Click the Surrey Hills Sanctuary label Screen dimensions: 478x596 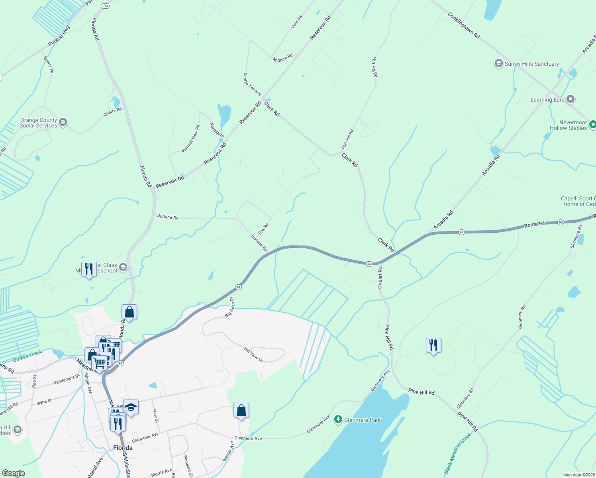coord(531,64)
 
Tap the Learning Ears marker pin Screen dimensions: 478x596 coord(571,99)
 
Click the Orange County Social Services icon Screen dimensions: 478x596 coord(63,122)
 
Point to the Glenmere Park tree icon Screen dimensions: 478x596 coord(338,419)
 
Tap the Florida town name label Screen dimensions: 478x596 coord(123,448)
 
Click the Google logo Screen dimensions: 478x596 coord(13,473)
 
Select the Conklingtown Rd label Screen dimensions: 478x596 coord(463,25)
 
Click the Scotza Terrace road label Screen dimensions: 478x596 coord(252,84)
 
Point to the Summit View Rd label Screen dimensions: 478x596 coord(190,138)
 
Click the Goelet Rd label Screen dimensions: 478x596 coord(380,278)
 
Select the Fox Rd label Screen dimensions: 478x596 coord(263,229)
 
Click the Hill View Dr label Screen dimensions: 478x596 coord(254,355)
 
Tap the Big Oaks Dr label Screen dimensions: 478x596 coord(229,307)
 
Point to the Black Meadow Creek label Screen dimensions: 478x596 coord(458,453)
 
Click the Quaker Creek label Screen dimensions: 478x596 coord(27,356)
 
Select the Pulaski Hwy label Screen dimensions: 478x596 coord(59,36)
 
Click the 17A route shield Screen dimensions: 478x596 coord(105,6)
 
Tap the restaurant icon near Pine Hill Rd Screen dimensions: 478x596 coord(433,345)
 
